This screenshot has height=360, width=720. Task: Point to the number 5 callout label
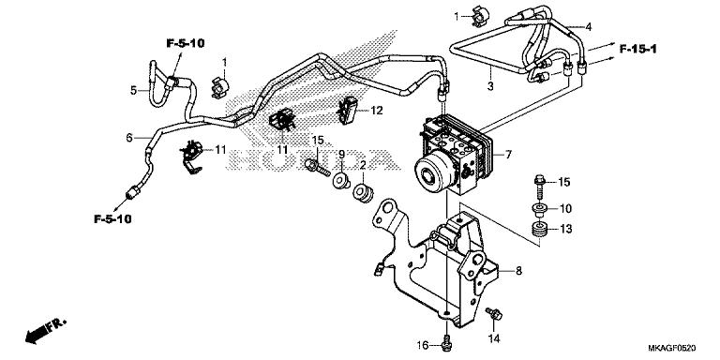133,90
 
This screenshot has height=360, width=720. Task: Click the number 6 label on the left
129,137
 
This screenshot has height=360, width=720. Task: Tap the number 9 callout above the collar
342,154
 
